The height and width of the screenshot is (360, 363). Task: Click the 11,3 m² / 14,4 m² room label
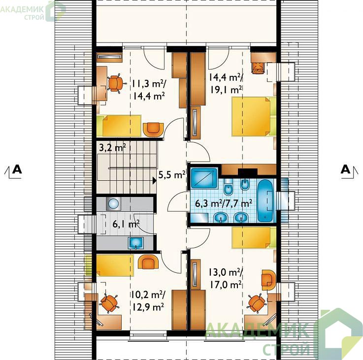149,90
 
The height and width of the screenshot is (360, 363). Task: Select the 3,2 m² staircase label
112,147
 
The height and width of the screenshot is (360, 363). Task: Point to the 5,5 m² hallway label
172,174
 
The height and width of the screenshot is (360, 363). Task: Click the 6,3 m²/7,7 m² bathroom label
224,203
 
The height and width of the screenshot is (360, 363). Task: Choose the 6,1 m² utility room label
126,224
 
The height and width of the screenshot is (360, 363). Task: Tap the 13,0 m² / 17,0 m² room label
226,279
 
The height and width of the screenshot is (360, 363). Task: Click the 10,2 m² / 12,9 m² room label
148,301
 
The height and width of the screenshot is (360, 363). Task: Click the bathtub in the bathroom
265,200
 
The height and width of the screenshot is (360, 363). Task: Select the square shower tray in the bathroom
204,178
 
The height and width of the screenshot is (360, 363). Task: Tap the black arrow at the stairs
155,181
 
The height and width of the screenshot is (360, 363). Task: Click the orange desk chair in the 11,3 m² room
116,83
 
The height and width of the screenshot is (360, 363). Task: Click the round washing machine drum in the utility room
113,204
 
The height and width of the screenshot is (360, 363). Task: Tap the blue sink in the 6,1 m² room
136,243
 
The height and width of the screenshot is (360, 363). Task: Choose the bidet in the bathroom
244,185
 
